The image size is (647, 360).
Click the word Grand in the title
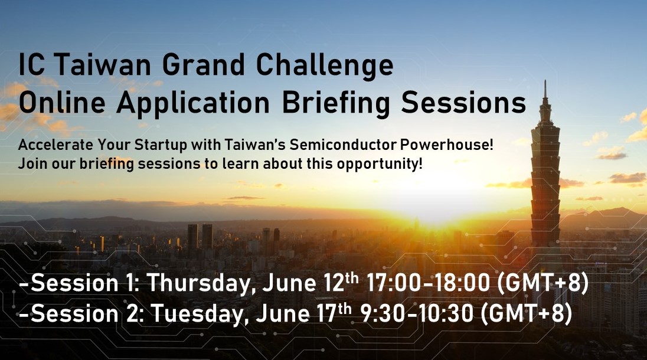click(204, 64)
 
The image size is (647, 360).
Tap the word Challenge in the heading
click(325, 66)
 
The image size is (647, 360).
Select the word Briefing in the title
click(336, 103)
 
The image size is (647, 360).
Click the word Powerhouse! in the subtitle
click(446, 145)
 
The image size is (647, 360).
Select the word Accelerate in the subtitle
click(55, 145)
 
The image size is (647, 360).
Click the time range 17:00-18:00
click(428, 283)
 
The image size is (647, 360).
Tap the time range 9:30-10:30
click(417, 313)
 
